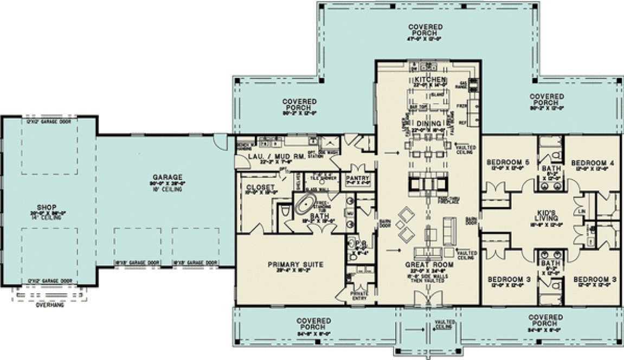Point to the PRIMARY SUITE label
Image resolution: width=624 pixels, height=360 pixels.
295,265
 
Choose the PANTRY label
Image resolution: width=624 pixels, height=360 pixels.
359,178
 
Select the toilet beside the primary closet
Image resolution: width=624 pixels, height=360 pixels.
286,213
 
